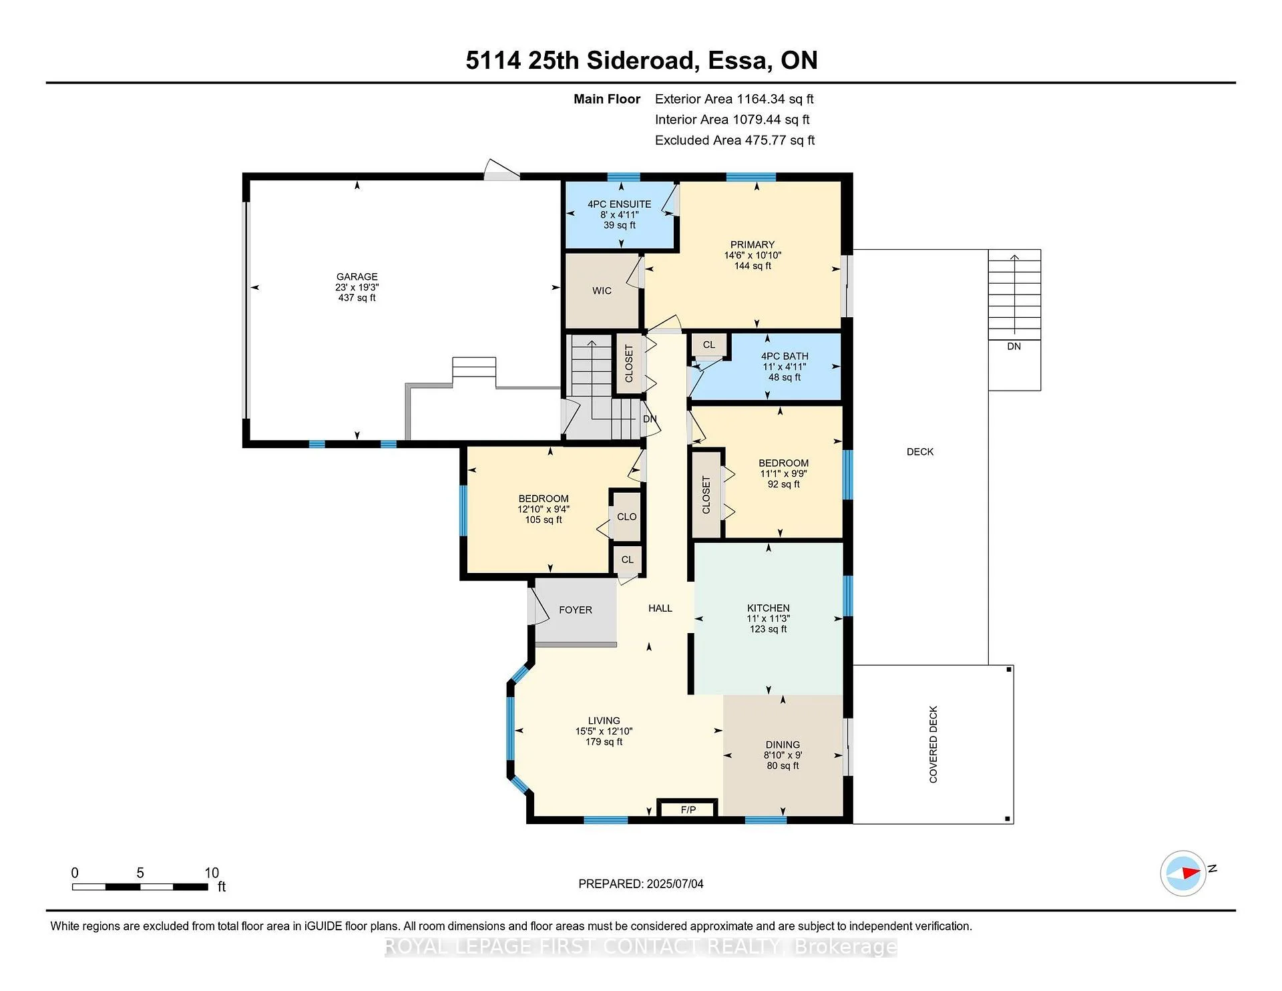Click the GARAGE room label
357,276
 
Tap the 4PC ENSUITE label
619,204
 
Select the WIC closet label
602,290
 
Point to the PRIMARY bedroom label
753,244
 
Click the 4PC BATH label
785,357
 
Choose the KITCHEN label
769,608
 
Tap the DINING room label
783,745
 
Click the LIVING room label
604,721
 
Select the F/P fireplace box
688,809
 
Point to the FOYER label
576,610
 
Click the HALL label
660,608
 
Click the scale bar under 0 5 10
140,887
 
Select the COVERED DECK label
933,745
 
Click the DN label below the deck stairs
1014,347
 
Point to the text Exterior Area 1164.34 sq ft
734,99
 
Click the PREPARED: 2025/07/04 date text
641,883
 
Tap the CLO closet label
626,517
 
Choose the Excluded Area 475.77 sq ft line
734,140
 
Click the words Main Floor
607,99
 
